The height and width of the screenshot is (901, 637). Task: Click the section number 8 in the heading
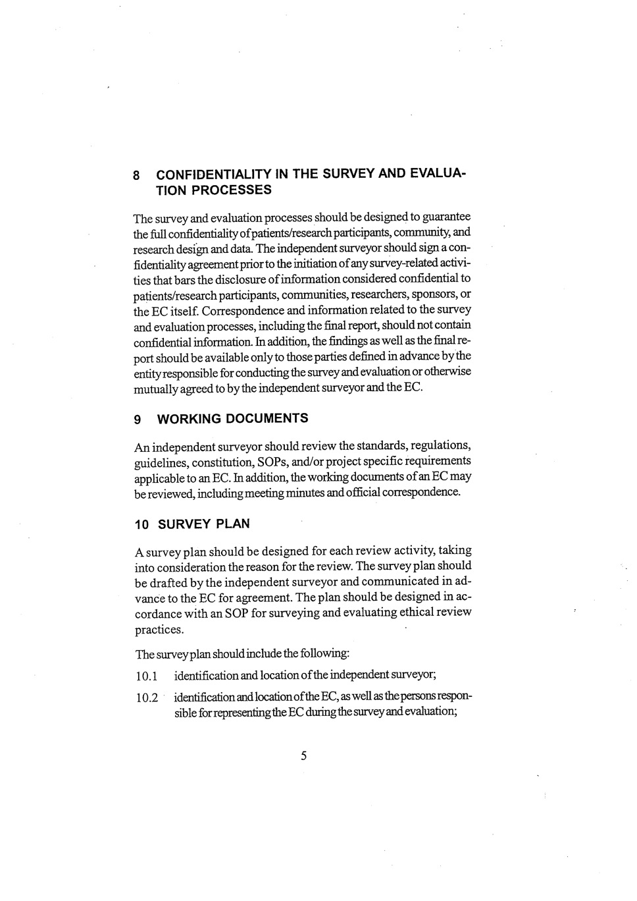136,176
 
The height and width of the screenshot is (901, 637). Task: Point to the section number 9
137,420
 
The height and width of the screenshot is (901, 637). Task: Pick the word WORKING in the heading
189,418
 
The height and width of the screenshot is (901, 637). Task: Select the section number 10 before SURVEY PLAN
141,525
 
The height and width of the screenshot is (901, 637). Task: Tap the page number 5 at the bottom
303,755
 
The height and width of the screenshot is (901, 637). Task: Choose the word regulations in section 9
439,446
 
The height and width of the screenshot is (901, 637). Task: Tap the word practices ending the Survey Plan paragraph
159,630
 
